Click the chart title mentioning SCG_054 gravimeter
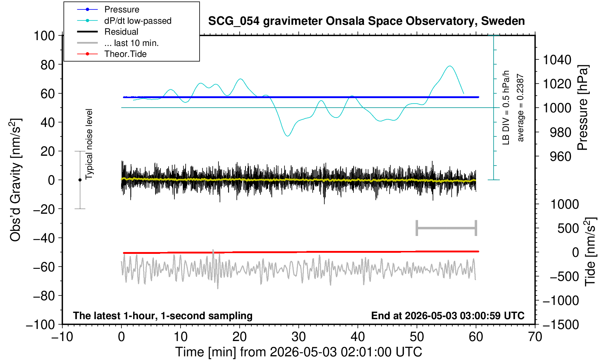(x=366, y=21)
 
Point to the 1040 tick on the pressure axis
(x=557, y=60)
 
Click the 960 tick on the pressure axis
(x=560, y=156)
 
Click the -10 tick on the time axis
(x=62, y=337)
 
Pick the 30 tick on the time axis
(x=298, y=337)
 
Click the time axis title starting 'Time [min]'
(x=298, y=352)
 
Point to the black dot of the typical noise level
(x=80, y=180)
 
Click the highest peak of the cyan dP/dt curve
(x=449, y=66)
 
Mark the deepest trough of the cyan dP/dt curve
(x=288, y=136)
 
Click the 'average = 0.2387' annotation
(x=520, y=108)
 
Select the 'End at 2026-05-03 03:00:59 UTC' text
(x=448, y=316)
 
